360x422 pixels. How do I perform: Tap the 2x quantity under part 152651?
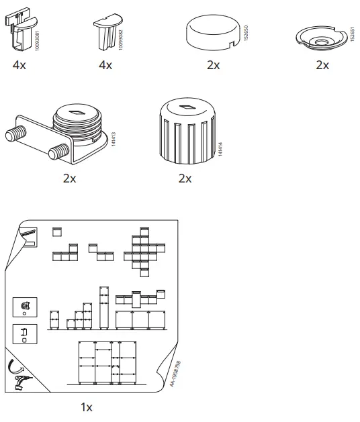(x=322, y=65)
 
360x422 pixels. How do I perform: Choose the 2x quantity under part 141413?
(x=69, y=178)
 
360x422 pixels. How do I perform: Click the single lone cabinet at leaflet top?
(x=57, y=232)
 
